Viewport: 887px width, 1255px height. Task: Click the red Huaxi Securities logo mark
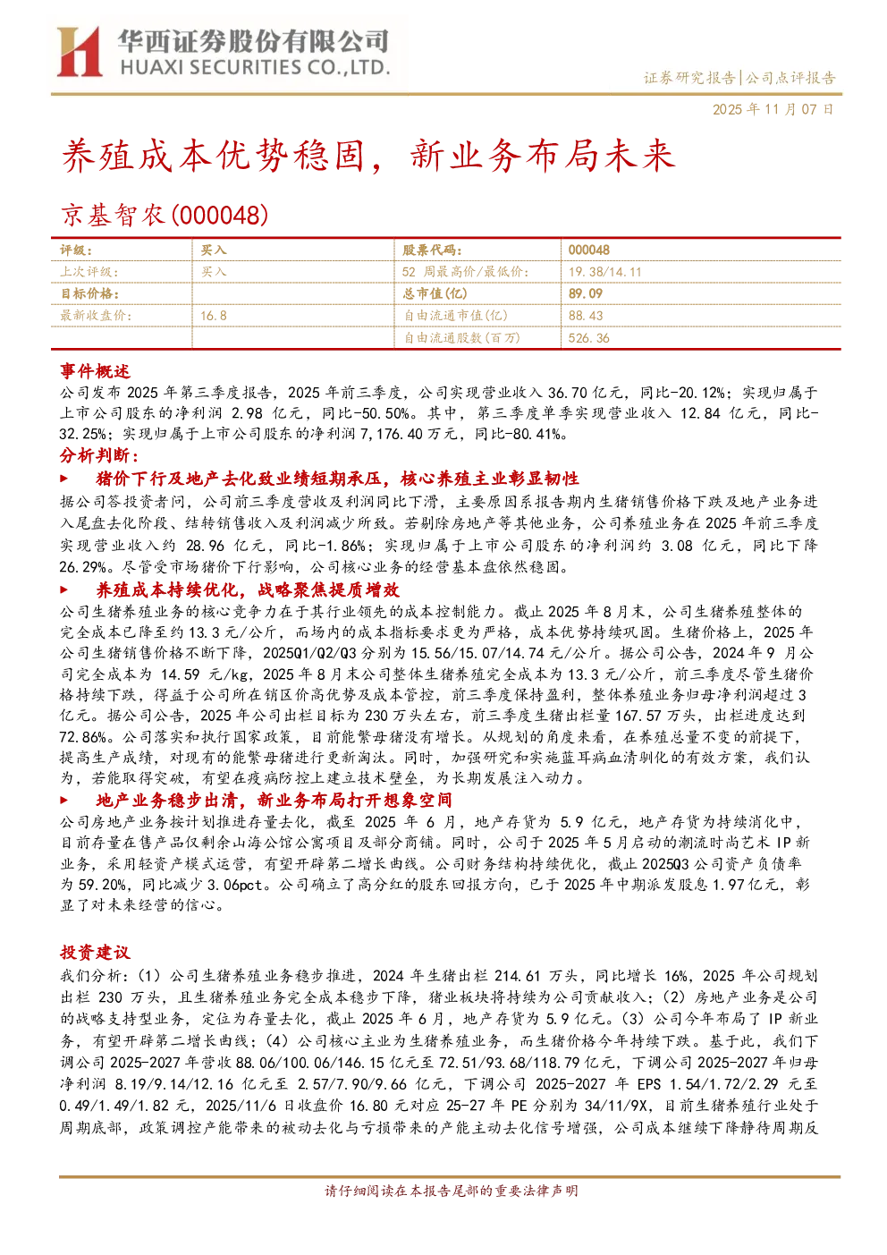tap(80, 52)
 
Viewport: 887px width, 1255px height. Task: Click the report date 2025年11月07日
tap(773, 109)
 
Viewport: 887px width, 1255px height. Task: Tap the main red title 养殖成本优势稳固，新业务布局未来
tap(367, 155)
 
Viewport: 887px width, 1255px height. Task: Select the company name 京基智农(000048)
tap(165, 216)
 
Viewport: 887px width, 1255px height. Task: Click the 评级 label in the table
tap(76, 250)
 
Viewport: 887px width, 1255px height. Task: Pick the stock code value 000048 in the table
tap(588, 250)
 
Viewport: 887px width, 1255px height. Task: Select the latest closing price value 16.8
tap(214, 316)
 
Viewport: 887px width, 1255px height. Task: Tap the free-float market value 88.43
tap(585, 316)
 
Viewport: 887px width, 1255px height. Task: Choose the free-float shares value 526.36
tap(588, 338)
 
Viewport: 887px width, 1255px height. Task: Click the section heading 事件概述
tap(95, 371)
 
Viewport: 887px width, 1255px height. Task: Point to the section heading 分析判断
tap(99, 455)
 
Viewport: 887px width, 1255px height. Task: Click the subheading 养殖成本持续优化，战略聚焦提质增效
tap(248, 589)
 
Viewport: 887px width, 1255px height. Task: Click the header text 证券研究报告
tap(688, 78)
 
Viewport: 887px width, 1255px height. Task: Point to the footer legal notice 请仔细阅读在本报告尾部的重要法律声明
tap(451, 1191)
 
